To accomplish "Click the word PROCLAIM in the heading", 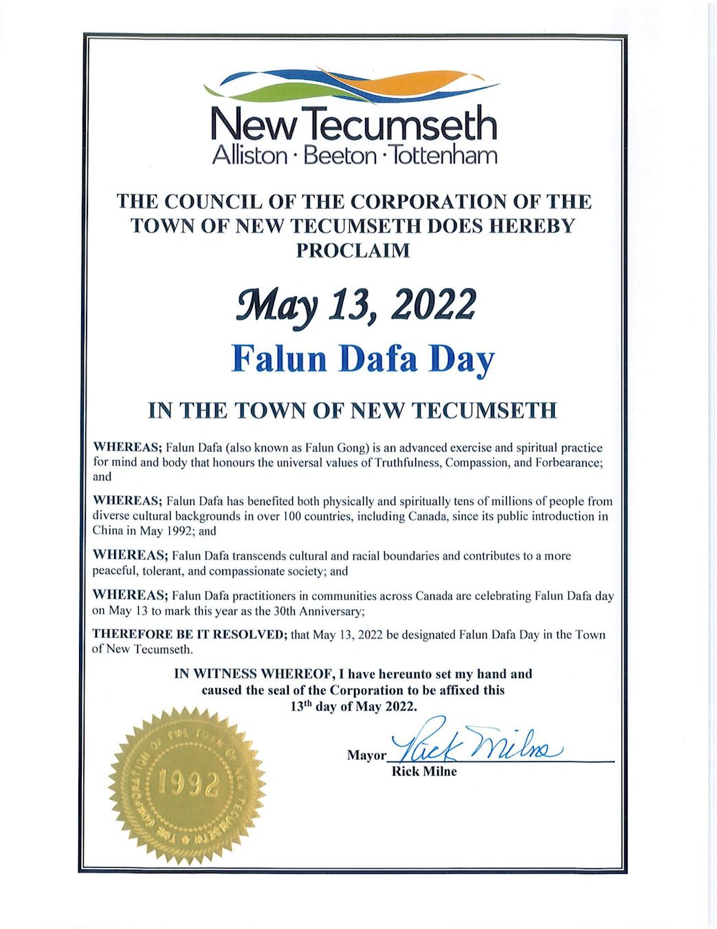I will pos(353,250).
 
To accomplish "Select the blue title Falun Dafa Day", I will pos(363,359).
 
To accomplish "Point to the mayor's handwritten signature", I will pos(476,745).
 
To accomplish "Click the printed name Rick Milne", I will pos(423,771).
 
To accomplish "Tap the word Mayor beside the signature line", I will pos(366,756).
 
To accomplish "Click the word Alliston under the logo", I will pos(250,156).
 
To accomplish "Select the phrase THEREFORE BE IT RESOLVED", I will pos(189,634).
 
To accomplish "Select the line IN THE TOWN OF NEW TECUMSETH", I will pos(353,411).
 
